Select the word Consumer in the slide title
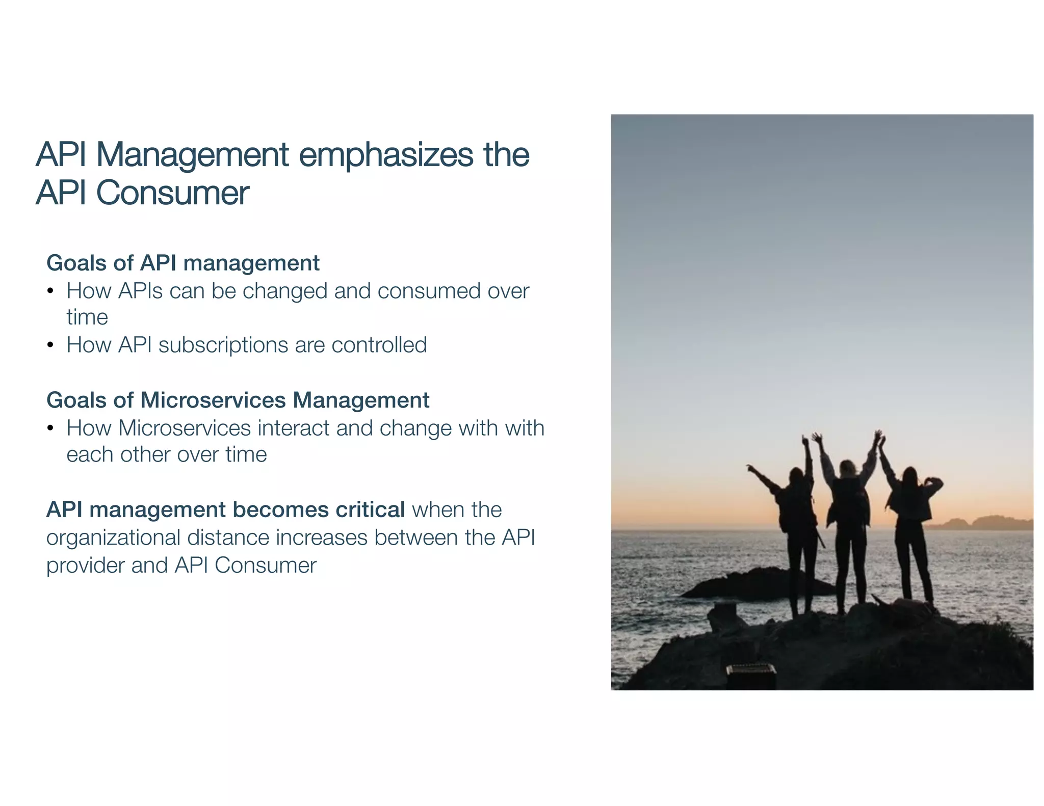point(172,193)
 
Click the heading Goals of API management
point(182,263)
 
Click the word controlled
point(379,345)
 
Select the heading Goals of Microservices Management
point(238,400)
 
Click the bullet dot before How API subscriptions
point(50,345)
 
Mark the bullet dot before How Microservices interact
point(50,428)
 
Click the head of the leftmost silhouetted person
point(795,476)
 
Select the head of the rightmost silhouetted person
point(910,475)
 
